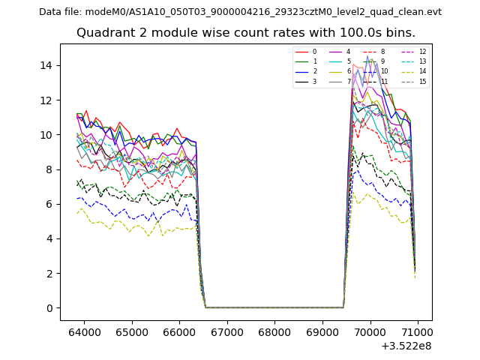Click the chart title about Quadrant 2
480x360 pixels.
pyautogui.click(x=245, y=33)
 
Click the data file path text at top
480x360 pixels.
pyautogui.click(x=240, y=12)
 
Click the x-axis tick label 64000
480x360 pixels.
pyautogui.click(x=83, y=331)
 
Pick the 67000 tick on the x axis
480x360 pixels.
pyautogui.click(x=226, y=331)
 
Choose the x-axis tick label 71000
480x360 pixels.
pyautogui.click(x=417, y=331)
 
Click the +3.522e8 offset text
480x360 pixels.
pyautogui.click(x=406, y=346)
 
